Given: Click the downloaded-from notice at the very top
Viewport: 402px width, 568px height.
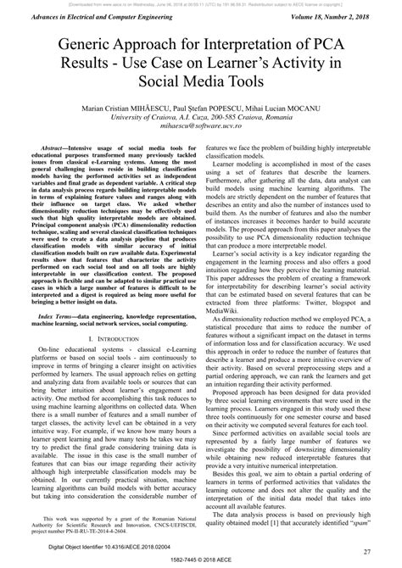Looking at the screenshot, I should coord(201,4).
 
